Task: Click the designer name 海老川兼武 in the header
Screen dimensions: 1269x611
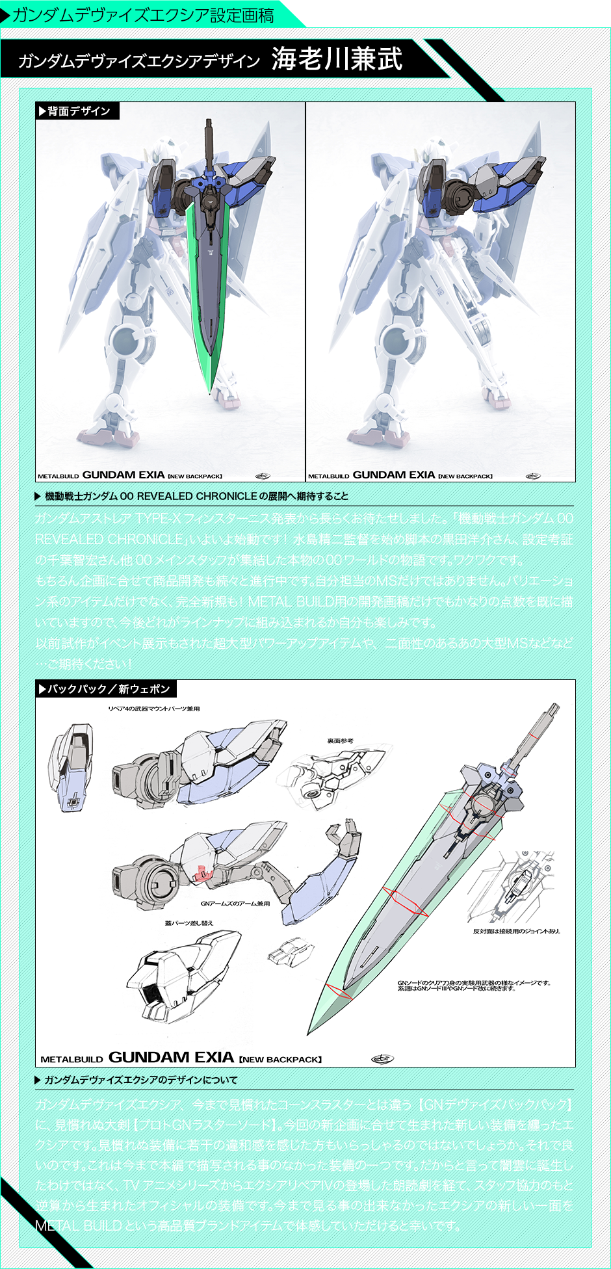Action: click(337, 59)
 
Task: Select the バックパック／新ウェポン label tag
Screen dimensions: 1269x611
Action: click(107, 689)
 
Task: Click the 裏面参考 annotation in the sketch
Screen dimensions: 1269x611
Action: click(340, 740)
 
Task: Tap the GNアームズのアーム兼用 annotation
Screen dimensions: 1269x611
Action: click(235, 904)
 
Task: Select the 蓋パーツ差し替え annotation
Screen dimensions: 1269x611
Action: click(188, 923)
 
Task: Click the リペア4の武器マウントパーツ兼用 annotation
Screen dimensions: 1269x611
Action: click(154, 709)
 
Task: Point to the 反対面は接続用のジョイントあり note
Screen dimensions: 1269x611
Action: click(516, 931)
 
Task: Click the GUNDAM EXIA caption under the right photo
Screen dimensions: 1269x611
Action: click(394, 475)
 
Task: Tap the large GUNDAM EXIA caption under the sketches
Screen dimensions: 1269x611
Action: click(171, 1058)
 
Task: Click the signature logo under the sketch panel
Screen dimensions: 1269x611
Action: click(382, 1059)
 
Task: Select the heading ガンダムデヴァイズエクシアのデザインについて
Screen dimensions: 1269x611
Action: click(140, 1080)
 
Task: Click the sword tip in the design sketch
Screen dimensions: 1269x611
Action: click(310, 1030)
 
